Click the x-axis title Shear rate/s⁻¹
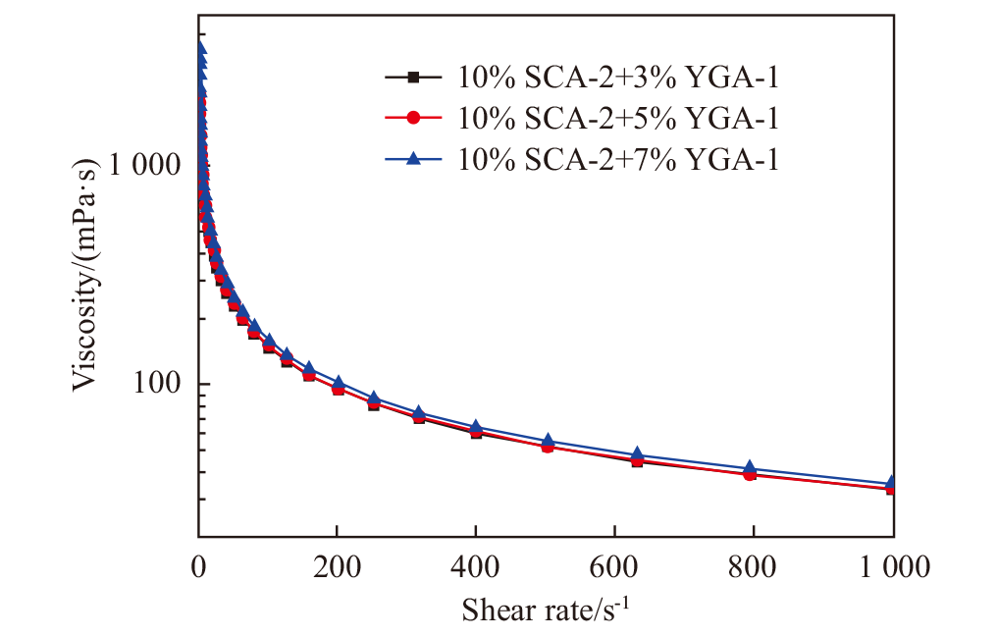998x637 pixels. (x=546, y=610)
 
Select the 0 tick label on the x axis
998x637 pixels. (x=199, y=567)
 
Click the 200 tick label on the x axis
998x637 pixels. (x=338, y=567)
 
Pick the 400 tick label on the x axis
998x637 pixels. (x=476, y=567)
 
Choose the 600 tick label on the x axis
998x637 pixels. (x=615, y=567)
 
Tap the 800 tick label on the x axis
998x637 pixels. (x=754, y=567)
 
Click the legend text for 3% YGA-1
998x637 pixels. (x=618, y=76)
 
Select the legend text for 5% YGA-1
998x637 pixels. (x=618, y=118)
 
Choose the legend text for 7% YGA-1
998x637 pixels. (x=618, y=160)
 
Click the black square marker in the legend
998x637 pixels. (x=413, y=76)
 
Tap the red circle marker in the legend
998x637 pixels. (x=413, y=118)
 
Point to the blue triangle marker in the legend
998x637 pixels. (x=413, y=160)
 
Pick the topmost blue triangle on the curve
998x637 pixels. (x=200, y=47)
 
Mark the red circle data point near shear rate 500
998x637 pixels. (x=548, y=446)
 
